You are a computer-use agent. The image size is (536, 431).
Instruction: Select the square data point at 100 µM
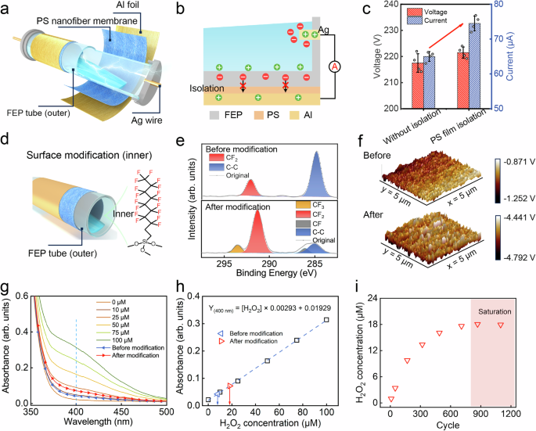coord(326,320)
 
